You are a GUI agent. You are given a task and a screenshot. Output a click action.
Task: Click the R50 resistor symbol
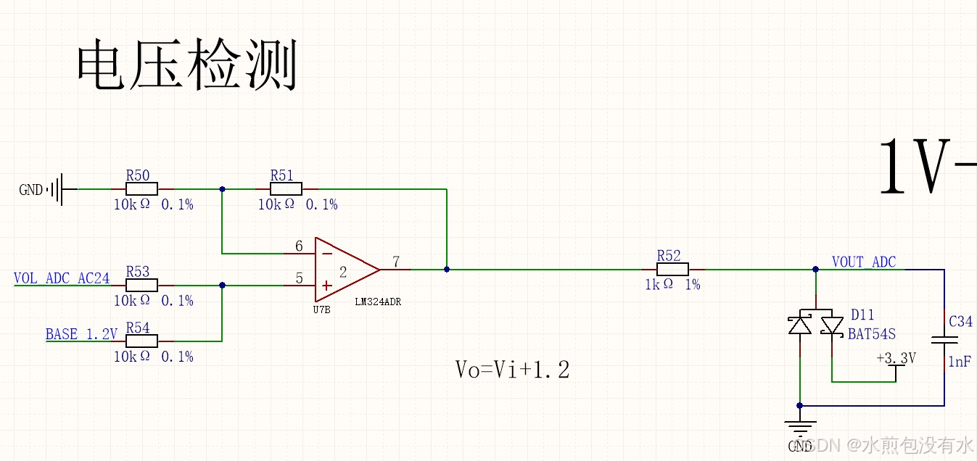pyautogui.click(x=138, y=188)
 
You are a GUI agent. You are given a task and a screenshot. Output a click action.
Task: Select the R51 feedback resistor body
pyautogui.click(x=286, y=188)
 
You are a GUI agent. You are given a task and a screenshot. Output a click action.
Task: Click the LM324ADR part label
pyautogui.click(x=378, y=302)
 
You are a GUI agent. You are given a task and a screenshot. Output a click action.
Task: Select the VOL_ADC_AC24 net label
pyautogui.click(x=62, y=278)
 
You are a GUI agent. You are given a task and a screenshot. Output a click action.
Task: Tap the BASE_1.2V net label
pyautogui.click(x=81, y=334)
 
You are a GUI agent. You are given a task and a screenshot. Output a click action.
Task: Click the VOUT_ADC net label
pyautogui.click(x=863, y=262)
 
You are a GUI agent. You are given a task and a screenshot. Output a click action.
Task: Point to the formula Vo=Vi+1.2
pyautogui.click(x=512, y=370)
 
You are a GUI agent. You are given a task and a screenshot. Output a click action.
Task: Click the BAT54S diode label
pyautogui.click(x=872, y=334)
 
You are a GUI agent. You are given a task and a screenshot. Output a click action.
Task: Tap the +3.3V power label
pyautogui.click(x=896, y=359)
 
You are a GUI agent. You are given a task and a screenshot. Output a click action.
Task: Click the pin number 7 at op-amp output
pyautogui.click(x=395, y=261)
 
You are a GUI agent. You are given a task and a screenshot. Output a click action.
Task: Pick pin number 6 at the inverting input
pyautogui.click(x=299, y=246)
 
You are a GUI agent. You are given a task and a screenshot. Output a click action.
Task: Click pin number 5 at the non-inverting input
pyautogui.click(x=299, y=278)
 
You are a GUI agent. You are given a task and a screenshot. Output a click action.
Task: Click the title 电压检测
pyautogui.click(x=187, y=67)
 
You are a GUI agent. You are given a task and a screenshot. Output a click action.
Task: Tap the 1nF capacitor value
pyautogui.click(x=960, y=362)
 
